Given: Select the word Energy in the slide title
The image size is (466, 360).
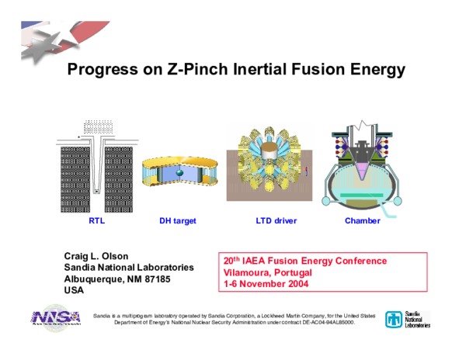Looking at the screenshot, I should pyautogui.click(x=376, y=71).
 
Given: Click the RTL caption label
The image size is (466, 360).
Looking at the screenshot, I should pyautogui.click(x=96, y=221).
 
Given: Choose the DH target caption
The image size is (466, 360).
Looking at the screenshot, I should pyautogui.click(x=178, y=221).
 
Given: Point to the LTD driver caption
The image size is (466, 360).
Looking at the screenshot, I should pyautogui.click(x=276, y=221).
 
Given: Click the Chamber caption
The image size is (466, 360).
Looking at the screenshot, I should pyautogui.click(x=363, y=221).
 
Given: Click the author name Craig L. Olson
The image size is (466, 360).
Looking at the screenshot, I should pyautogui.click(x=96, y=256).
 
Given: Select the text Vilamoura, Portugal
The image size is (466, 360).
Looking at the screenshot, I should pyautogui.click(x=266, y=273).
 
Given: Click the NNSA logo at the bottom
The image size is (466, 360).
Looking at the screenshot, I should pyautogui.click(x=55, y=320).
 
